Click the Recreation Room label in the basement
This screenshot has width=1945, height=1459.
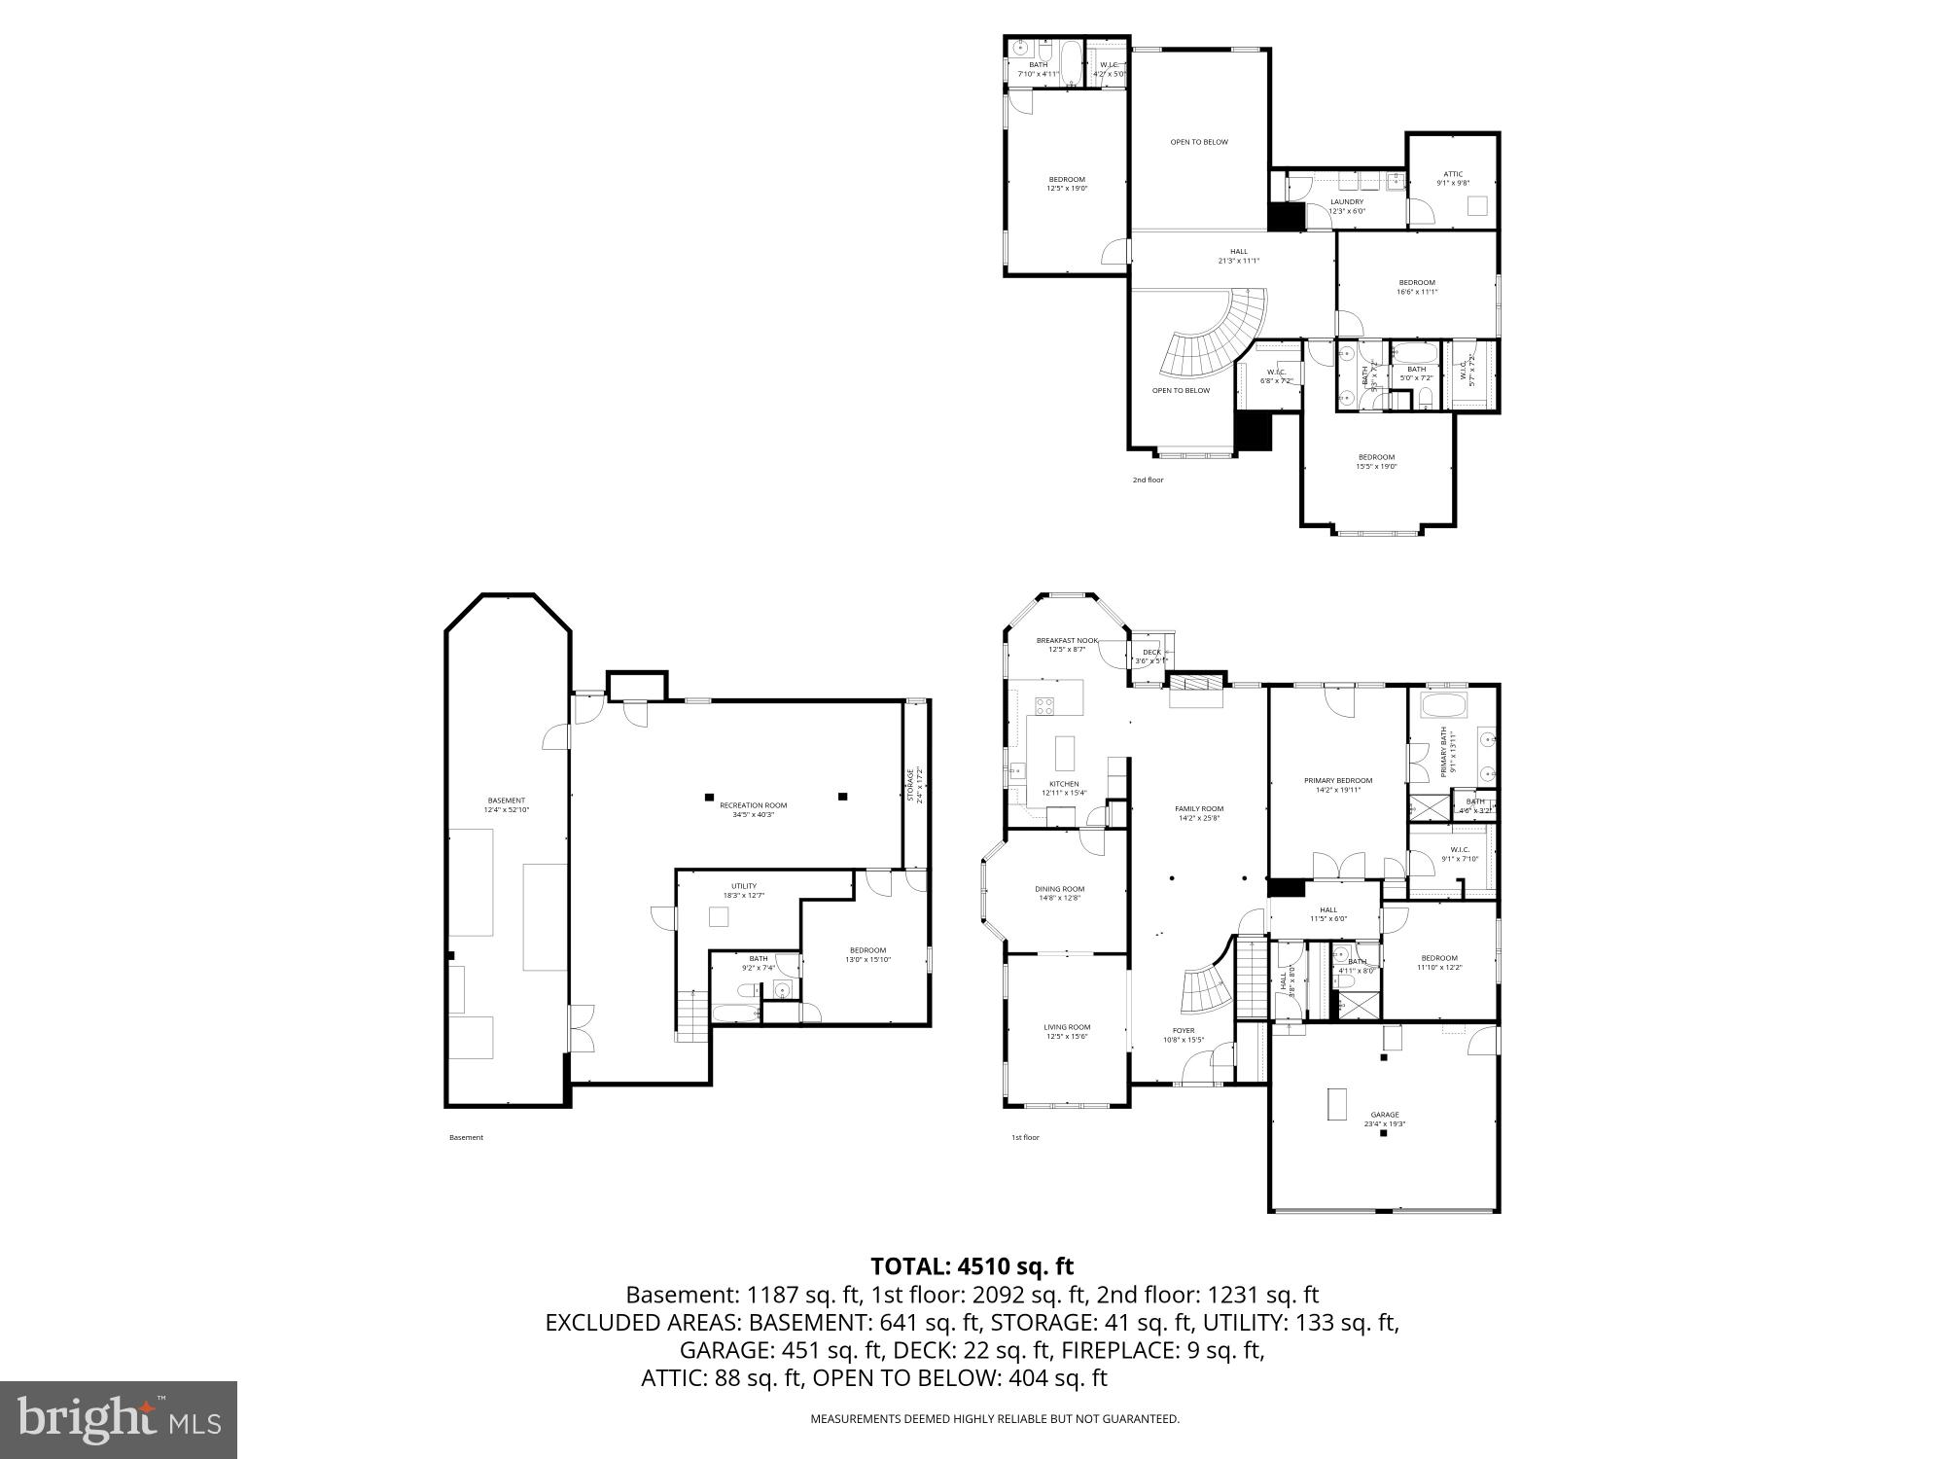753,809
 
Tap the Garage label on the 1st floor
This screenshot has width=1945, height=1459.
1385,1119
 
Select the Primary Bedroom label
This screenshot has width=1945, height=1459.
1337,785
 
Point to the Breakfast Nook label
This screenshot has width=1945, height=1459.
1066,645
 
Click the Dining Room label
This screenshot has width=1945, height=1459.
1059,893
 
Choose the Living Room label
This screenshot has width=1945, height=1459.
1067,1031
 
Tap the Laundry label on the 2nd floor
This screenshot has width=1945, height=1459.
1347,206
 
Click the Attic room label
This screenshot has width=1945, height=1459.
1453,178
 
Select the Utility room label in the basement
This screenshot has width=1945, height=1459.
744,890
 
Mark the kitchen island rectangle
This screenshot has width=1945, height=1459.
1065,753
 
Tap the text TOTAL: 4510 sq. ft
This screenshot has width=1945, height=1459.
972,1266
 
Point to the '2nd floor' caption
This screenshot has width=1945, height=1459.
1148,480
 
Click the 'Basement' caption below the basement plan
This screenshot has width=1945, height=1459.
466,1137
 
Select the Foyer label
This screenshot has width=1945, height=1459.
1184,1035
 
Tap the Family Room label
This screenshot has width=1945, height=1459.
1199,813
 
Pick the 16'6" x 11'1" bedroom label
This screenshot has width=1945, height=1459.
1417,287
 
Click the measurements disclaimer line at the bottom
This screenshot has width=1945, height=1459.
995,1419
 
